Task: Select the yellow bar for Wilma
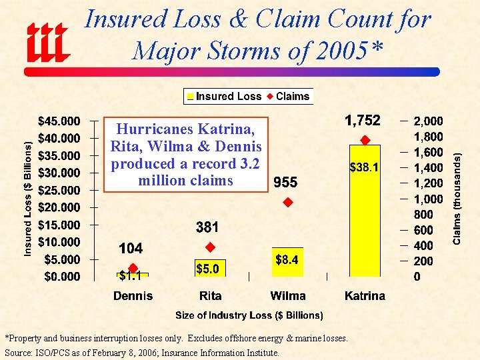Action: point(287,263)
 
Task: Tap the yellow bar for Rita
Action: point(210,268)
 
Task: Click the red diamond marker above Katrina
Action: point(365,140)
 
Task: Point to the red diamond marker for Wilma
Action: point(287,202)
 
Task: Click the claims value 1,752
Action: point(362,121)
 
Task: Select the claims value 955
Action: point(285,183)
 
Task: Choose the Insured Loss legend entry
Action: point(224,97)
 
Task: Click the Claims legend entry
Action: point(288,97)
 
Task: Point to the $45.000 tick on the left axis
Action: point(59,121)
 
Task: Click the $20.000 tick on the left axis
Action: point(59,207)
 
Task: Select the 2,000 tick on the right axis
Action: point(428,121)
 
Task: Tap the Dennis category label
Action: point(133,296)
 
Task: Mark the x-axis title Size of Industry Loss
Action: point(249,315)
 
